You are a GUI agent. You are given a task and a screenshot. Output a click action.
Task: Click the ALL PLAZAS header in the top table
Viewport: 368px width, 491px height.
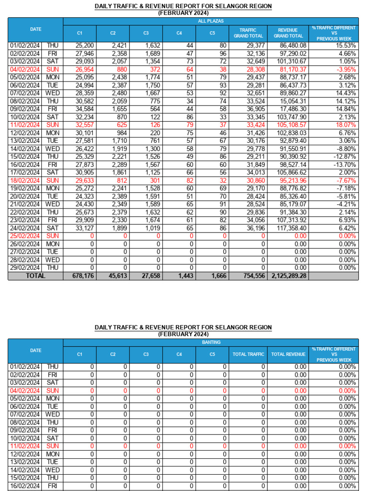click(x=210, y=22)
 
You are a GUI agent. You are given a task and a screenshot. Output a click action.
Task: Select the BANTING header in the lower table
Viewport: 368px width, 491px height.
click(x=210, y=343)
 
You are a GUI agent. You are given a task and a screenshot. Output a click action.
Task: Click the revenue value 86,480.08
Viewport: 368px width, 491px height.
click(x=289, y=46)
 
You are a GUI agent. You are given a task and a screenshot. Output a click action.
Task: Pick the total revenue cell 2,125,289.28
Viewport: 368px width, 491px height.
click(x=289, y=276)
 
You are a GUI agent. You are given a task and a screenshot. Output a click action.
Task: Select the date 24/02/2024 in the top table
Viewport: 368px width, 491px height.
click(x=25, y=228)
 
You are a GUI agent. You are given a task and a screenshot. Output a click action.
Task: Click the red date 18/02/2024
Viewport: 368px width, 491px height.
click(x=25, y=181)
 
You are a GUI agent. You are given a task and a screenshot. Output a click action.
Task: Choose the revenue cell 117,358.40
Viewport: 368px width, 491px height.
click(x=289, y=228)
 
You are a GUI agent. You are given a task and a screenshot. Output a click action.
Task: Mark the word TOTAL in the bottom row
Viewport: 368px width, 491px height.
click(x=35, y=276)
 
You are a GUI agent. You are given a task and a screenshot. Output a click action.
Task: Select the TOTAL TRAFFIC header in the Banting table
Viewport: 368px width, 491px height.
click(x=248, y=354)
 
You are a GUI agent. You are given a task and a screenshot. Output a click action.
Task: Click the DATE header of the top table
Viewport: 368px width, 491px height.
click(x=35, y=29)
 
